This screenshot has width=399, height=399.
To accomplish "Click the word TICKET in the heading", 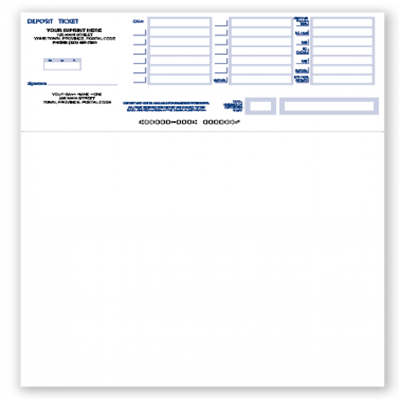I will pos(68,21).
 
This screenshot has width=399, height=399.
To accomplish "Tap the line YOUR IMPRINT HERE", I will pos(74,30).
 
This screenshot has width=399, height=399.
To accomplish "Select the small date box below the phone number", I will pos(62,65).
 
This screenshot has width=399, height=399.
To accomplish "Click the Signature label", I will pos(37,84).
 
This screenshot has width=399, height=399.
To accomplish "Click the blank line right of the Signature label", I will pos(83,84).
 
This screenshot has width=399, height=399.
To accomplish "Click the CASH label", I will pos(138,21).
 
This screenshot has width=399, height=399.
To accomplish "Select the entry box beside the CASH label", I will pos(180,22).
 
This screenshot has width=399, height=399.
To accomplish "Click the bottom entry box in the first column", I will pos(180,79).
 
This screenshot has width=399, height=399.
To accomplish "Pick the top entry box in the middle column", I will pos(261,22).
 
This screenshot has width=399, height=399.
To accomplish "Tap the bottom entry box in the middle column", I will pos(261,79).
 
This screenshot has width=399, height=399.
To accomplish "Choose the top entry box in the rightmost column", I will pos(342,22).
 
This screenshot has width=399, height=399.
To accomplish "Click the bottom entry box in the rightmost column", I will pos(342,79).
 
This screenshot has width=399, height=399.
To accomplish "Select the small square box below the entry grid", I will pos(260,106).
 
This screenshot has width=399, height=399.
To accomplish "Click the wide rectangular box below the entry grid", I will pos(329,106).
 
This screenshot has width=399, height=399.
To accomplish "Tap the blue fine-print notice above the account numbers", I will pos(167,106).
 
